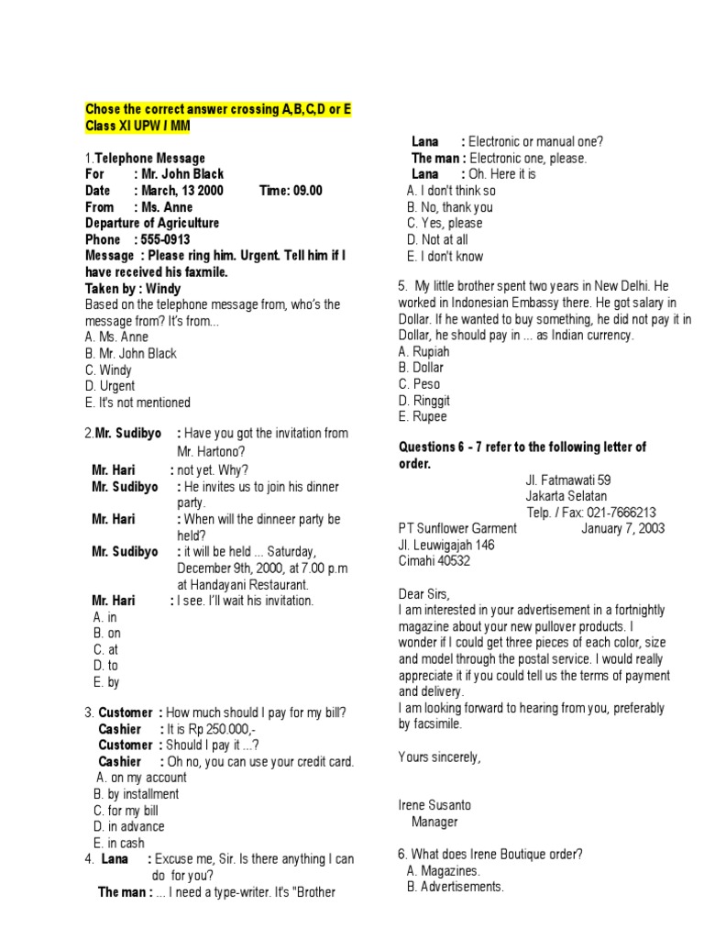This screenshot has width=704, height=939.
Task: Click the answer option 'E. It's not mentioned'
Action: pyautogui.click(x=137, y=403)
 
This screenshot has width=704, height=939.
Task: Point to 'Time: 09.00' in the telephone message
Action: pyautogui.click(x=291, y=190)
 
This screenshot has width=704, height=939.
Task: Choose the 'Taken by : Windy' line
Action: pyautogui.click(x=133, y=289)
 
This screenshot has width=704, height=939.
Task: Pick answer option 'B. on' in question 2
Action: pyautogui.click(x=107, y=633)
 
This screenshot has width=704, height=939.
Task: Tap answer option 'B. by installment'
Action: pyautogui.click(x=137, y=794)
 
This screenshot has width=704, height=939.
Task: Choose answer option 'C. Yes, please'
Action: pyautogui.click(x=445, y=223)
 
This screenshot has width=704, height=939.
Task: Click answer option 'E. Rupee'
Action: pyautogui.click(x=423, y=416)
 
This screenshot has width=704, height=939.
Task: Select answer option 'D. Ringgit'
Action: pyautogui.click(x=424, y=401)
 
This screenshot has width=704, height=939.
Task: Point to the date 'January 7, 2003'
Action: pyautogui.click(x=623, y=529)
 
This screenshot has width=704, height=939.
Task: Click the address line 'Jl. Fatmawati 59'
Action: pyautogui.click(x=568, y=480)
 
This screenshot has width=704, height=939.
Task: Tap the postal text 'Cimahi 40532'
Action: pyautogui.click(x=434, y=561)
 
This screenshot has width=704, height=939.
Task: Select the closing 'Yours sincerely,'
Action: pyautogui.click(x=440, y=757)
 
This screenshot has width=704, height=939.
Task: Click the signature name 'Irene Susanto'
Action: pyautogui.click(x=435, y=805)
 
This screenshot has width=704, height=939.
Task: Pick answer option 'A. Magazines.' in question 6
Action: pyautogui.click(x=444, y=871)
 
